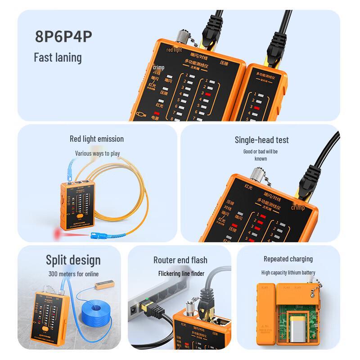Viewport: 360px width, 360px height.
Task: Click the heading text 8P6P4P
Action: click(x=63, y=37)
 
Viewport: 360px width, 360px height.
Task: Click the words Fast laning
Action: click(x=58, y=57)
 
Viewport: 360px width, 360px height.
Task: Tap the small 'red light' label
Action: click(x=174, y=50)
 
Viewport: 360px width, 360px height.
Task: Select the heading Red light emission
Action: click(x=97, y=139)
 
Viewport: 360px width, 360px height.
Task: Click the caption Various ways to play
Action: click(x=98, y=153)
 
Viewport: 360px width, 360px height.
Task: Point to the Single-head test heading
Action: click(x=262, y=140)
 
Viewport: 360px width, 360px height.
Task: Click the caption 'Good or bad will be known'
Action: click(x=261, y=155)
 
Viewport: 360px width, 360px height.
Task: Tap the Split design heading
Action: click(x=73, y=260)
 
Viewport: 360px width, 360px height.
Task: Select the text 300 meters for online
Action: click(x=73, y=274)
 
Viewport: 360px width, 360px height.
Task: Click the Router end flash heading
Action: click(x=180, y=260)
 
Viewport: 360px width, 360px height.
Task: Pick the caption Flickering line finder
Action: click(x=181, y=274)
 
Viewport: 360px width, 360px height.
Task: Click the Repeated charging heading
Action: click(x=288, y=259)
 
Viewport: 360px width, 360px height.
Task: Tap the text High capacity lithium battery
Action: click(x=288, y=273)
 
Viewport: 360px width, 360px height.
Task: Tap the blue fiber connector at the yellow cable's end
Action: click(x=97, y=234)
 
